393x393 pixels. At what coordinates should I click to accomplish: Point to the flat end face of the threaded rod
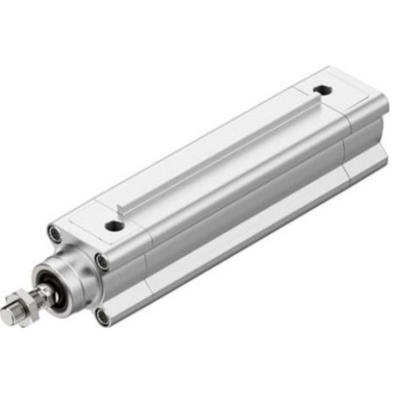[x=5, y=317]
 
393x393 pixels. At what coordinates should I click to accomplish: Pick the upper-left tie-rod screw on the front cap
[x=55, y=233]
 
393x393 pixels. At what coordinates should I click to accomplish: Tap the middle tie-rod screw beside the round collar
[x=102, y=261]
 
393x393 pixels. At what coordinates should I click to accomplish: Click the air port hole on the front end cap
[x=114, y=226]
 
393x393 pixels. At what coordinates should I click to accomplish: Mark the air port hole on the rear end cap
[x=322, y=90]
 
